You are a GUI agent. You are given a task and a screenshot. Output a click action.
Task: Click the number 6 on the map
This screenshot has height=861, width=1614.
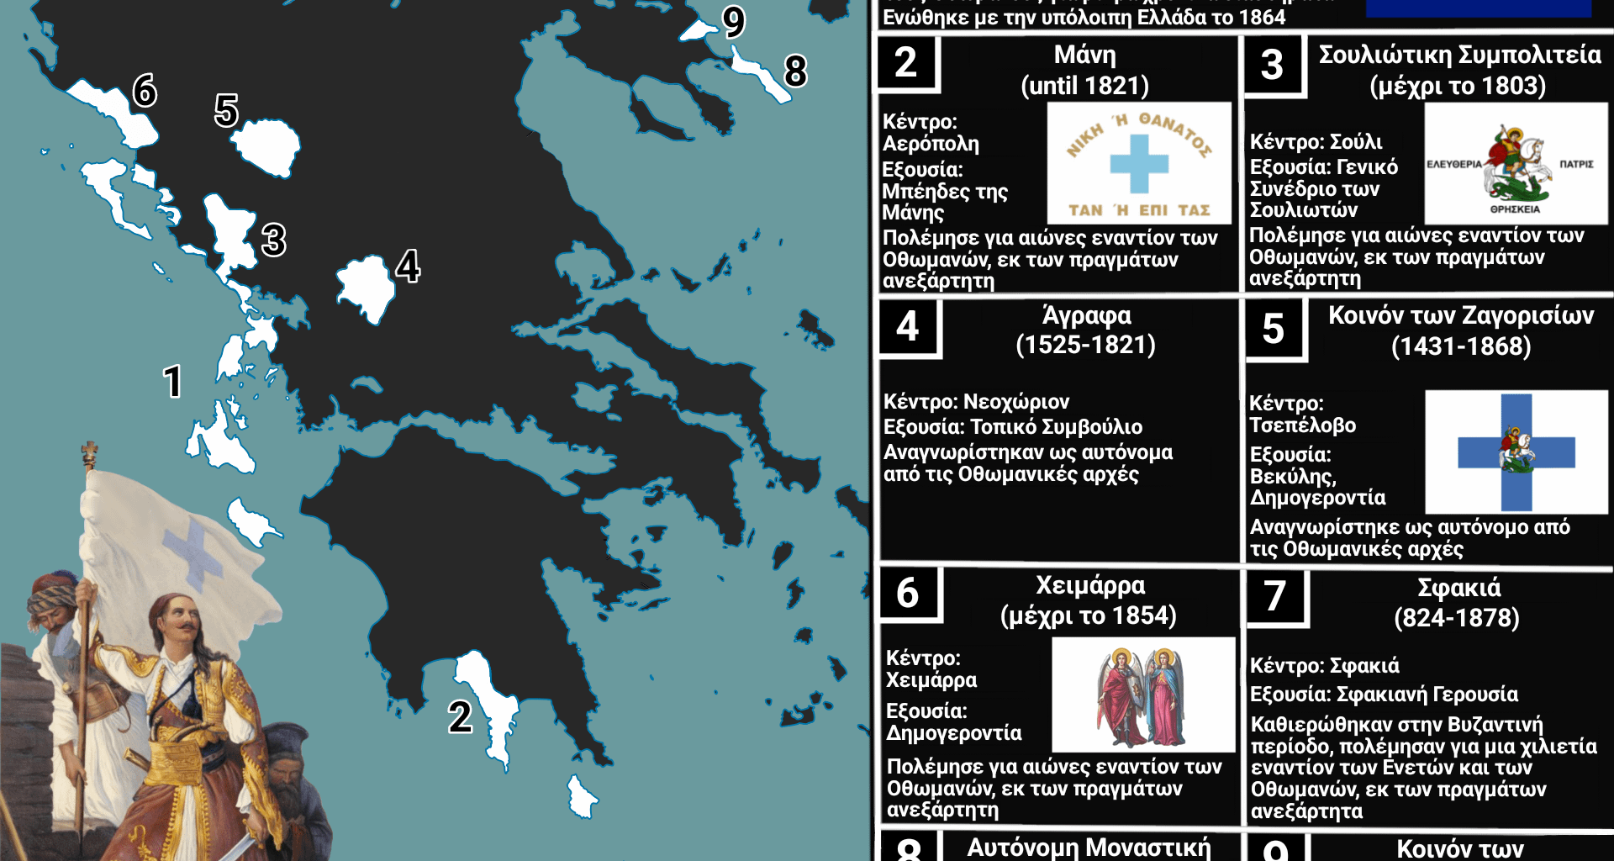[145, 90]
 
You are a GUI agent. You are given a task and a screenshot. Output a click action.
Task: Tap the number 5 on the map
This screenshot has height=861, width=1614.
[226, 110]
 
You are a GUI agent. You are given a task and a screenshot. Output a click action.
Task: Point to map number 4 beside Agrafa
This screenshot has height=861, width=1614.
[408, 266]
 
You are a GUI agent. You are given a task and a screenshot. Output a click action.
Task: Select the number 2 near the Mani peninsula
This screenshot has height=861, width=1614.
[460, 717]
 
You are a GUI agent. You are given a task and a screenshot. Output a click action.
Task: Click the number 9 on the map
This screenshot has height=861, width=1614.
[734, 21]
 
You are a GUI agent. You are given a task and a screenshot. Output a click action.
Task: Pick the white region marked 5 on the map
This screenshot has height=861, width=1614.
[267, 147]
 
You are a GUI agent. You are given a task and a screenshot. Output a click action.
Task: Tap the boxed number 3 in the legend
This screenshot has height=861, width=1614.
[1272, 65]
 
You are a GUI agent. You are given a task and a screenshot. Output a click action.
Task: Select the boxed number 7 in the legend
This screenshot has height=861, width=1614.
[1274, 596]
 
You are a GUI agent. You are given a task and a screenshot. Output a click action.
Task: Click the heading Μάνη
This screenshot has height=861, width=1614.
[1084, 55]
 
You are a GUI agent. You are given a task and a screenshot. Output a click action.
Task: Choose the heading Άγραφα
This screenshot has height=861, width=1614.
[1086, 316]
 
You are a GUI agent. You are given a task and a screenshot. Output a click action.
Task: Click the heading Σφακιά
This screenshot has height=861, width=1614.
[1458, 587]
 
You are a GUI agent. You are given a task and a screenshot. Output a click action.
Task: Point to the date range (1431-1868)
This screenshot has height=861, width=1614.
[1460, 346]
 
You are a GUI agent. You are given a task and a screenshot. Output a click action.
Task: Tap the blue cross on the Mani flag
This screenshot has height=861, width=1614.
[1139, 164]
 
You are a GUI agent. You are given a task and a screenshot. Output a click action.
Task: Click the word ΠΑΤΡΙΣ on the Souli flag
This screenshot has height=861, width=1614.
[1576, 164]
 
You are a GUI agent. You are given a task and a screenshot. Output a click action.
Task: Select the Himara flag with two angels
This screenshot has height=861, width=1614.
[1143, 695]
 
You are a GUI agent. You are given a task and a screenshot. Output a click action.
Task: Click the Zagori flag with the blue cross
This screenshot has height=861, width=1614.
[1516, 452]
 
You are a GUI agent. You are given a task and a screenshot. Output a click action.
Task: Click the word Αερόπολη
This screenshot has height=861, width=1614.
[931, 145]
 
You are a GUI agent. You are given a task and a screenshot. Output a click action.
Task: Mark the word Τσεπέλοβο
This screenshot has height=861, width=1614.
[1302, 425]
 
